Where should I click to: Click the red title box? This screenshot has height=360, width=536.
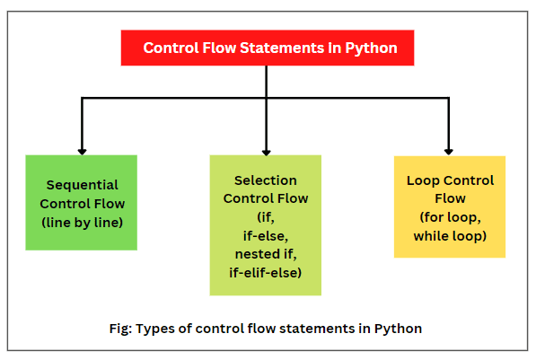tap(267, 48)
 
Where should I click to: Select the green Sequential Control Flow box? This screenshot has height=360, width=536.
tap(82, 202)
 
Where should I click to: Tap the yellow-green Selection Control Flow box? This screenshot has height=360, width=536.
tap(266, 224)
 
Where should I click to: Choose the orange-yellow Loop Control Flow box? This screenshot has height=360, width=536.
tap(450, 206)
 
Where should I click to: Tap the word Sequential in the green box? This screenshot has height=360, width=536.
tap(83, 184)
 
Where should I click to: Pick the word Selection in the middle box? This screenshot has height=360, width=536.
tap(266, 180)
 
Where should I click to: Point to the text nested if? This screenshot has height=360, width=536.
tap(266, 254)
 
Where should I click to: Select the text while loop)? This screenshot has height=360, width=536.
tap(450, 235)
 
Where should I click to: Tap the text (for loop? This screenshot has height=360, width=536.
tap(450, 217)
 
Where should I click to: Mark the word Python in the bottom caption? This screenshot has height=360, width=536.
tap(399, 329)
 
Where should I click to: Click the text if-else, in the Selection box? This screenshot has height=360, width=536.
tap(266, 235)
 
